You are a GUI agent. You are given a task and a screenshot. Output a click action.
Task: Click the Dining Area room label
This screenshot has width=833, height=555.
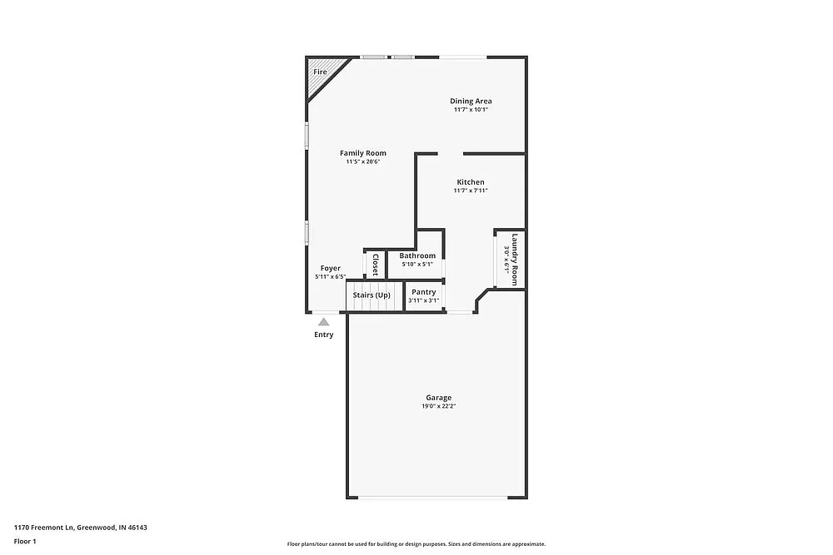471,102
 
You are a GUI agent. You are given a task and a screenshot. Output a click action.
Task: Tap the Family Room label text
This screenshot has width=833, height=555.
362,153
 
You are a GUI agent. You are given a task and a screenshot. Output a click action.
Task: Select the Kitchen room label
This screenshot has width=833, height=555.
470,182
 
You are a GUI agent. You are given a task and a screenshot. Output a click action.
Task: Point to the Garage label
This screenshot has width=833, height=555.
438,398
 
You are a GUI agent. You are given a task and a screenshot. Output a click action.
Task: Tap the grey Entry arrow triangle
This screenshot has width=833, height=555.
323,321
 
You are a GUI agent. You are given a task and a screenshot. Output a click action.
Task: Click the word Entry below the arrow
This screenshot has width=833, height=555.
323,334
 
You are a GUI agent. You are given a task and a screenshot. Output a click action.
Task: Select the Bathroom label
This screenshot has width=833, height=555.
416,255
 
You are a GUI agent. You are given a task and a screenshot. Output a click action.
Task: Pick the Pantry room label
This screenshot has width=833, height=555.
423,292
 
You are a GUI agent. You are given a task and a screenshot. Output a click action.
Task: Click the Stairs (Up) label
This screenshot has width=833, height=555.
371,295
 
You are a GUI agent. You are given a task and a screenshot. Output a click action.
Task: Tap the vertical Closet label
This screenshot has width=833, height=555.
375,265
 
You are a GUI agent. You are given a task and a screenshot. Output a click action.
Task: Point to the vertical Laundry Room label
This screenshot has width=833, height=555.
515,259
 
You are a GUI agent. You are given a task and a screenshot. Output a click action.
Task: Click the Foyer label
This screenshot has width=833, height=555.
330,268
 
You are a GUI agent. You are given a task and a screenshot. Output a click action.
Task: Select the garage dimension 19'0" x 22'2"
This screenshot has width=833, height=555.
438,407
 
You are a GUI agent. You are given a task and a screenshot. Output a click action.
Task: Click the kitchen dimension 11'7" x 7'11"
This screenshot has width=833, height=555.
470,191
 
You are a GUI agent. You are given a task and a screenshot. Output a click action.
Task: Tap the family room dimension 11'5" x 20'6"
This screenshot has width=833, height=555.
362,161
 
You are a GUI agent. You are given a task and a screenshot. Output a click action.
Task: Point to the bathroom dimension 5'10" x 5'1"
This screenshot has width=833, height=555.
416,264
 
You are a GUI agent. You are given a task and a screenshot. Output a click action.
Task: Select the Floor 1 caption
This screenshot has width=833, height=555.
25,541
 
